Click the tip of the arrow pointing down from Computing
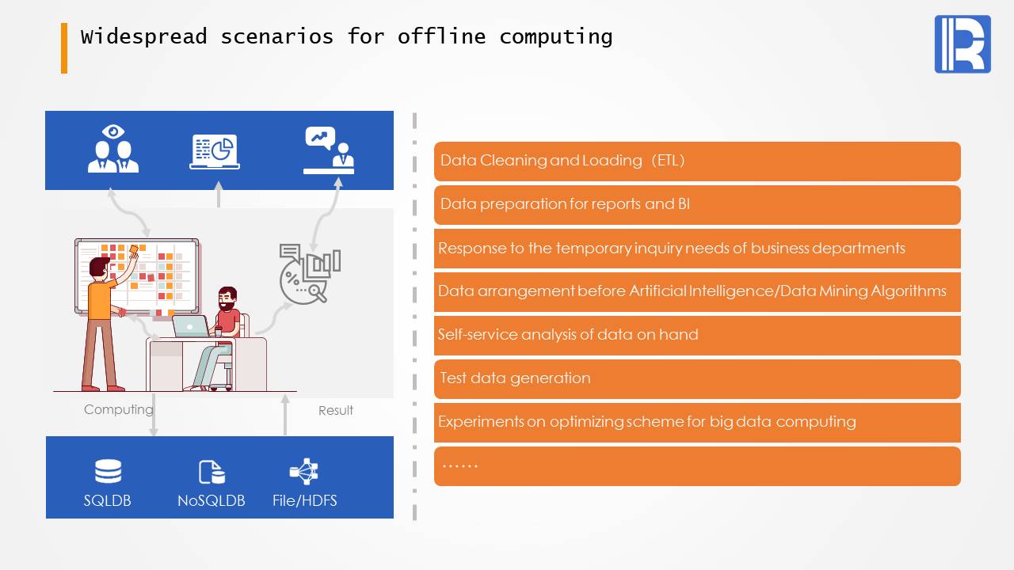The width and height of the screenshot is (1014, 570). (154, 436)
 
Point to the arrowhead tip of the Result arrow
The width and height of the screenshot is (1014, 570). (285, 394)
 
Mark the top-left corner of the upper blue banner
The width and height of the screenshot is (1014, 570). (45, 111)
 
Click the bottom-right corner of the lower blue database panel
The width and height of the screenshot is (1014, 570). (394, 519)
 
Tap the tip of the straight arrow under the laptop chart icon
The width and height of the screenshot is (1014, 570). (219, 181)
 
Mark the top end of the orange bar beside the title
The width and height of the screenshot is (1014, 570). (64, 24)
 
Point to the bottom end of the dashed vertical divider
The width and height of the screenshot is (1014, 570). (414, 520)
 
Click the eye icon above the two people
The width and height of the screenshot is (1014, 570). (113, 131)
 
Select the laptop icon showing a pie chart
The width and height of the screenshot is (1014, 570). (215, 152)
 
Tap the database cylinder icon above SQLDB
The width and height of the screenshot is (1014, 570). (109, 471)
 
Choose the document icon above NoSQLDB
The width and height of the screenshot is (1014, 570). (212, 473)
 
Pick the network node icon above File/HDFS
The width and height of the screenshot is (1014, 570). (304, 471)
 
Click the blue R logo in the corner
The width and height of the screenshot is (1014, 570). (963, 44)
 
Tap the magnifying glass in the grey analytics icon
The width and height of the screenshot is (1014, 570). (316, 292)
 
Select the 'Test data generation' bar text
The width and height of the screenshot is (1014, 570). (515, 378)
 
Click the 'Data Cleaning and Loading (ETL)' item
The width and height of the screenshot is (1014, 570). (562, 160)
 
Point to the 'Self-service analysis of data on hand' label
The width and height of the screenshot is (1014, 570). (568, 334)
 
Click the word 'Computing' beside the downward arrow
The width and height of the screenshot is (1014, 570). (119, 409)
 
